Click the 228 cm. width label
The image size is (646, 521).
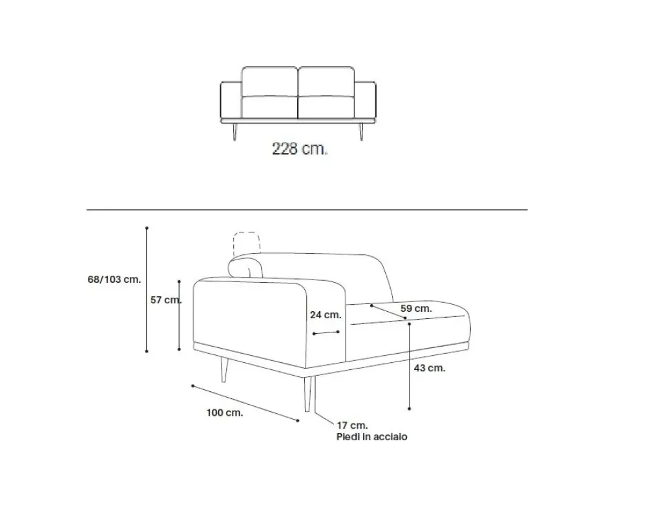tap(300, 148)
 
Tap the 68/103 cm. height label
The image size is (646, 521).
tap(114, 280)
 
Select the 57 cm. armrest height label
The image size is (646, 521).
tap(165, 300)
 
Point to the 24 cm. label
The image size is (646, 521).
tap(326, 315)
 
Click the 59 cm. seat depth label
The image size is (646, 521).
tap(416, 309)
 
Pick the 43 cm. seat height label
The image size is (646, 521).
tap(430, 368)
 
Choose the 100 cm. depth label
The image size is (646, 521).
tap(225, 413)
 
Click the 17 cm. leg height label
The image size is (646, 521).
tap(352, 425)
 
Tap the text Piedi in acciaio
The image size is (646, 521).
tap(371, 437)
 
